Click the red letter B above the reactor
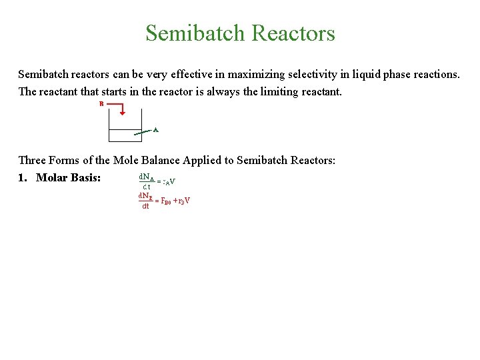coord(101,104)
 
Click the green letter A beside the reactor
coord(155,129)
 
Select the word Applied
coord(212,160)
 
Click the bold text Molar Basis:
coord(68,178)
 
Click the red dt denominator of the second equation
coord(145,207)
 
